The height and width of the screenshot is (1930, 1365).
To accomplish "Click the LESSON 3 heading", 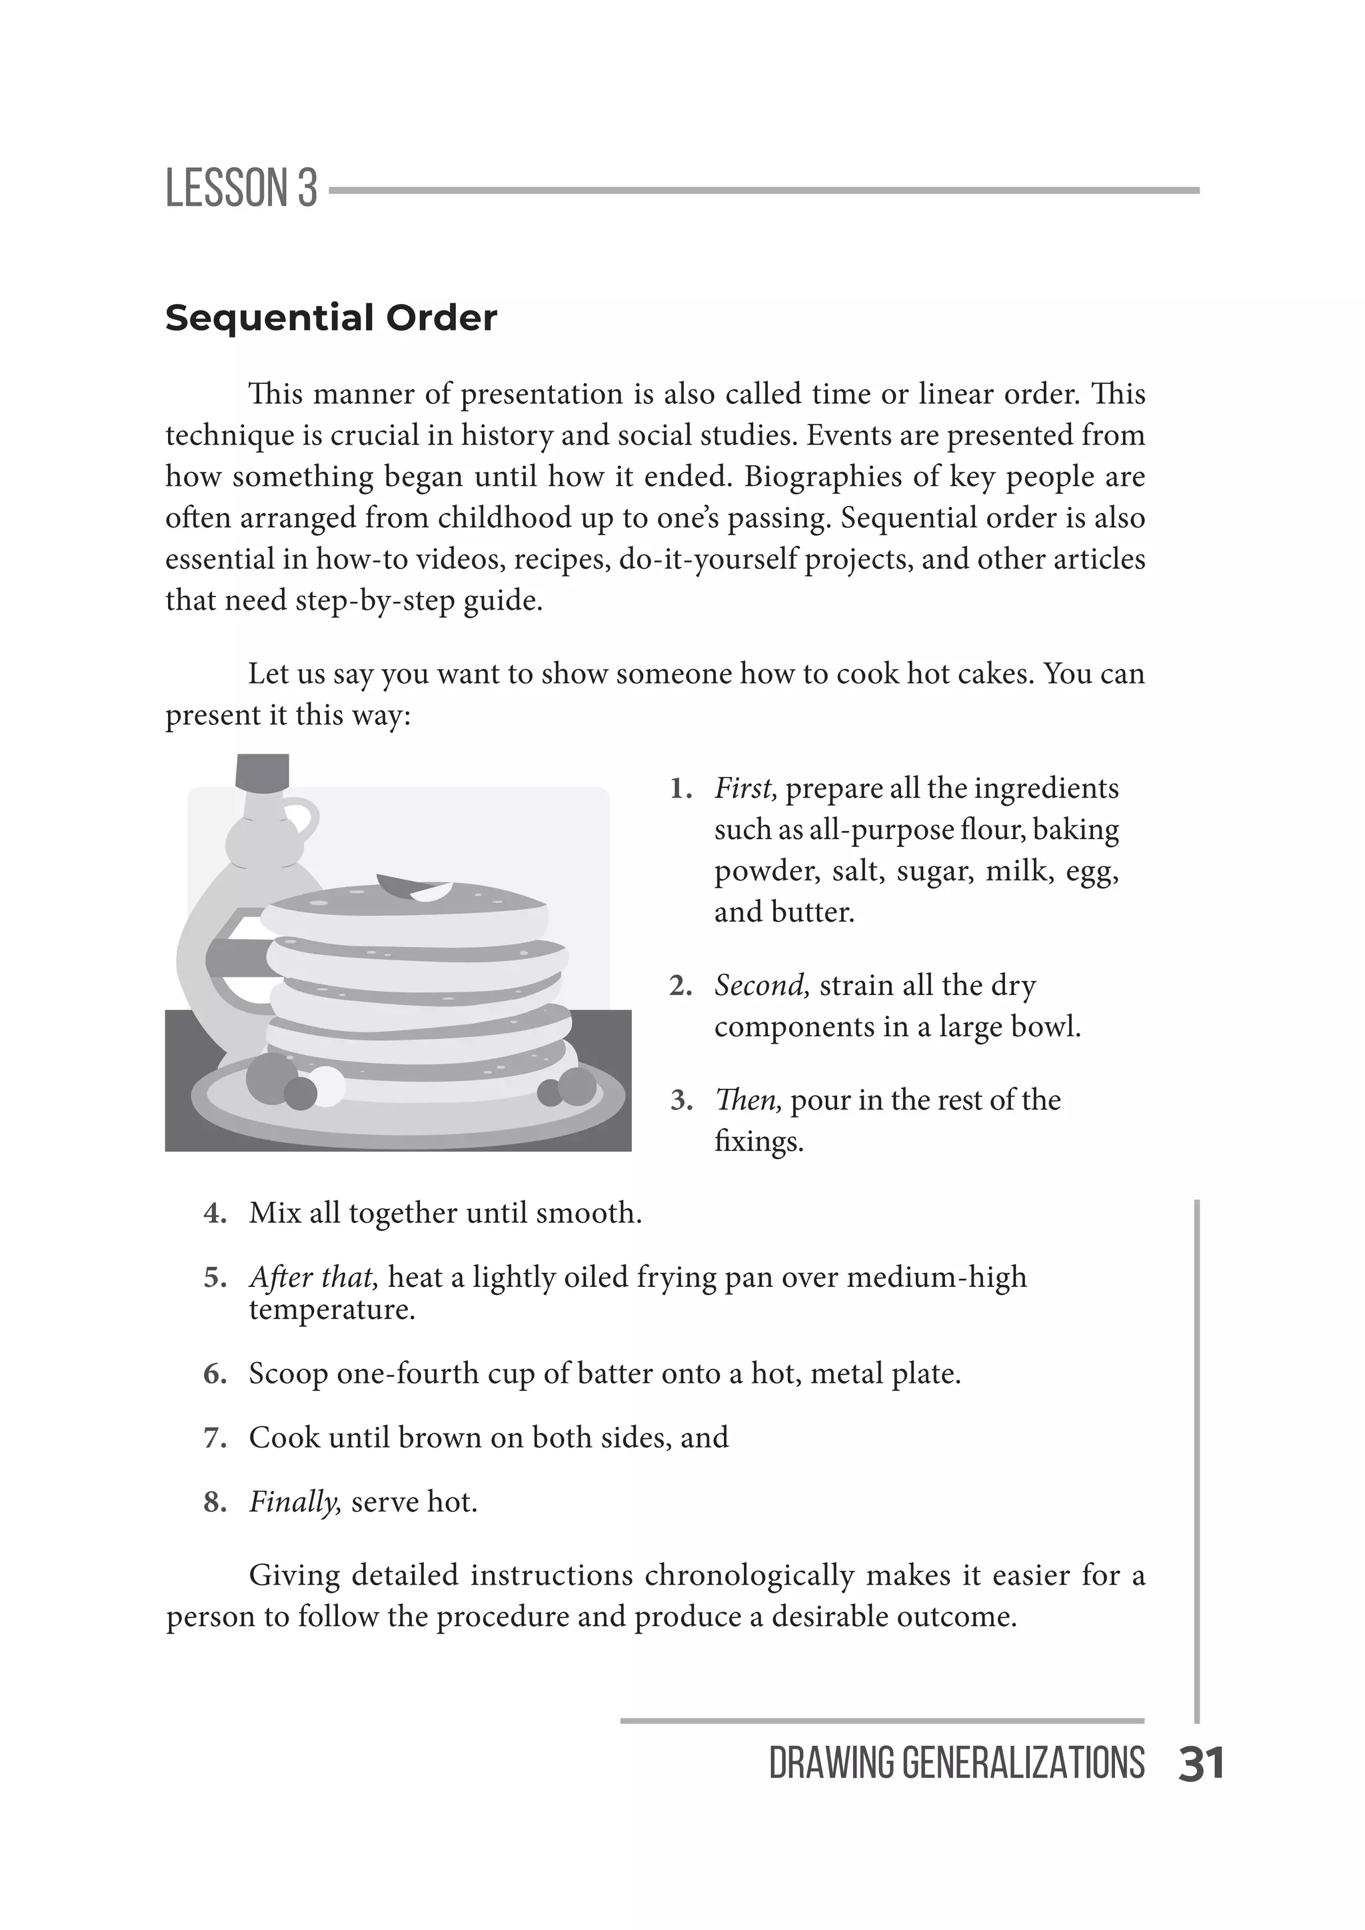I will click(x=241, y=189).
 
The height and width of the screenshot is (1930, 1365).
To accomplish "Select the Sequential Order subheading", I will click(x=331, y=318).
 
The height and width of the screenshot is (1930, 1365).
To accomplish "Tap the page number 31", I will click(x=1201, y=1763).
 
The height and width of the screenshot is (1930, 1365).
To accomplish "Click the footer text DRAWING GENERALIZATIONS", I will click(x=956, y=1763).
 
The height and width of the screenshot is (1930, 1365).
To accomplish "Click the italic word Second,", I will click(x=762, y=985).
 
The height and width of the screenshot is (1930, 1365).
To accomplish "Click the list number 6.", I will click(x=215, y=1374).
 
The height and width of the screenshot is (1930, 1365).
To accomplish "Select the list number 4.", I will click(x=215, y=1213).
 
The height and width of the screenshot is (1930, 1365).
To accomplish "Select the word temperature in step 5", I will click(x=331, y=1309).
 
